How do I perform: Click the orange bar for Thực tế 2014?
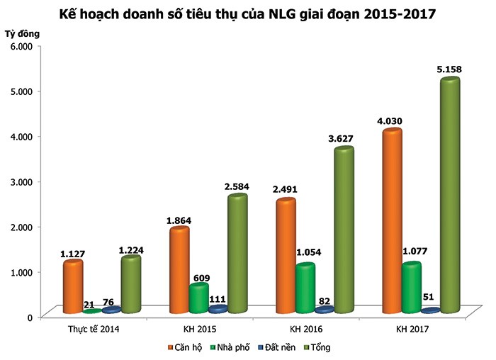pos(72,286)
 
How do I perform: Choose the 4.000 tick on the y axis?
pos(21,136)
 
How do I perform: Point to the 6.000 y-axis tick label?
pos(21,46)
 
